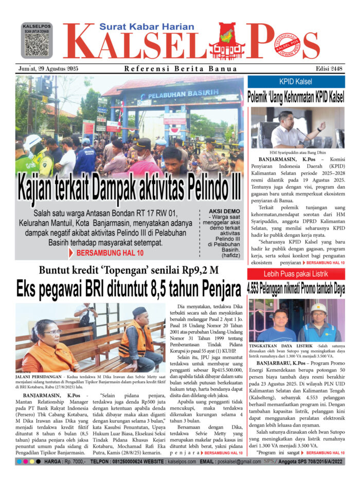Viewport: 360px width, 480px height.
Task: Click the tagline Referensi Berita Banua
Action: point(181,69)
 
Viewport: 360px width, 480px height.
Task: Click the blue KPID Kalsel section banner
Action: point(297,82)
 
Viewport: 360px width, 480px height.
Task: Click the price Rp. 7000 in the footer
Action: point(74,461)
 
